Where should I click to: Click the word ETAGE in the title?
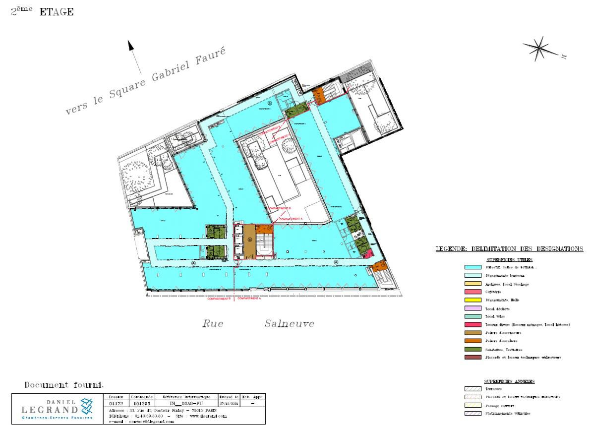coord(57,12)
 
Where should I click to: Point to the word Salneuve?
coord(289,324)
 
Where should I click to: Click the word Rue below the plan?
coord(213,324)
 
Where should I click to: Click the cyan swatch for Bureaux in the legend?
coord(472,267)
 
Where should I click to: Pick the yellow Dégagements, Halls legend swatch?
coord(472,300)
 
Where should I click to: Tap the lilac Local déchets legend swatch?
coord(472,308)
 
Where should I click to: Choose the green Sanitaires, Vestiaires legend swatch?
coord(472,349)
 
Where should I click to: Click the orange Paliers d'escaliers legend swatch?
coord(472,341)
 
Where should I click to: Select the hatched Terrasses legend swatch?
coord(472,389)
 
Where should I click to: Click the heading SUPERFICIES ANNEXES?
coord(509,381)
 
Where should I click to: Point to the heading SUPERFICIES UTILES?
coord(509,260)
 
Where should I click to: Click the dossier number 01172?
coord(116,404)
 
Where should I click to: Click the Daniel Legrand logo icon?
coord(86,406)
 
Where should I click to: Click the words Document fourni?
coord(64,385)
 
